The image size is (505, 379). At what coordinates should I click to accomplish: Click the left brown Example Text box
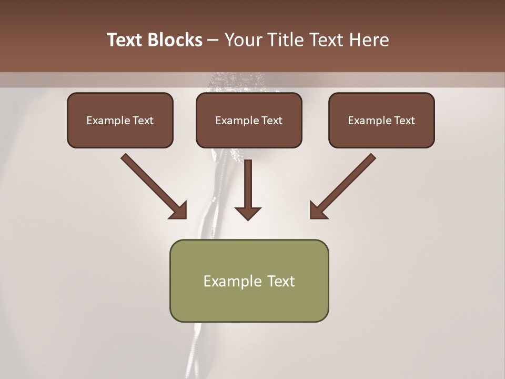pos(120,120)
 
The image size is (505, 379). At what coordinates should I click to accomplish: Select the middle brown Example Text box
pos(249,120)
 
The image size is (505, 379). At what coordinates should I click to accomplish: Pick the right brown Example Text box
pos(381,120)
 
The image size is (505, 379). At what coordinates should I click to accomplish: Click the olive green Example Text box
pos(249,281)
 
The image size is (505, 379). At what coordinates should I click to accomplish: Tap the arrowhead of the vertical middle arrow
pos(248,213)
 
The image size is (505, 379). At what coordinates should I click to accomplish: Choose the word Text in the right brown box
pos(403,121)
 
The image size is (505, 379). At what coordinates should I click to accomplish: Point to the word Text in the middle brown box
pos(271,121)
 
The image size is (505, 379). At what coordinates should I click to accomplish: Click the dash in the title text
pos(213,41)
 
